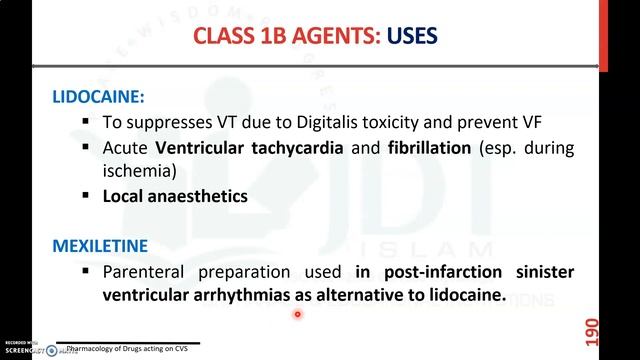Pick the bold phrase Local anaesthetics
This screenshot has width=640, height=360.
pos(175,196)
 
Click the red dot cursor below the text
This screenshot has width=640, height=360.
pos(297,314)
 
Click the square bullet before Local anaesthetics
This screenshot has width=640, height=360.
pos(87,196)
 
